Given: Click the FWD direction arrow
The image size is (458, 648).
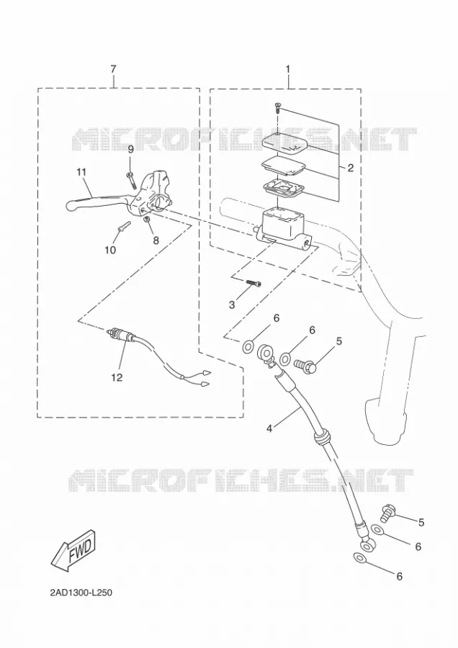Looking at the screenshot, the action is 73,551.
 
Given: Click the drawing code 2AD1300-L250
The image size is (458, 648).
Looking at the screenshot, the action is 81,593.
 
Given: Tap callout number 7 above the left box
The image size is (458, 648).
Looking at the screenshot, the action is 114,69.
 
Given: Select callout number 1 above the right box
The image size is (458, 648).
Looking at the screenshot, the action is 288,69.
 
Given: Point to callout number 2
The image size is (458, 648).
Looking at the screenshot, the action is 351,168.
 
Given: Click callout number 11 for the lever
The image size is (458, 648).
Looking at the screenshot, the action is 81,172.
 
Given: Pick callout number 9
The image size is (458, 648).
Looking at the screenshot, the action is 130,150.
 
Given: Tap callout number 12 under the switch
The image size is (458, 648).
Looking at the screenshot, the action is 117,377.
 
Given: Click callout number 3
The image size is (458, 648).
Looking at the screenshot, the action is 232,305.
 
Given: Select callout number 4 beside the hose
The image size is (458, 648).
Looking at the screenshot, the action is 269,429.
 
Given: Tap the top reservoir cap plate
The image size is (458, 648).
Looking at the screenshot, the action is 286,143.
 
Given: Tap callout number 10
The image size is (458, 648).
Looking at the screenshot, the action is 110,250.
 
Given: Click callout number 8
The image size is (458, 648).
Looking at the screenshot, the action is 156,240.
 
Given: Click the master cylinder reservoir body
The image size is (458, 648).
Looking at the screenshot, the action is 282,227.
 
